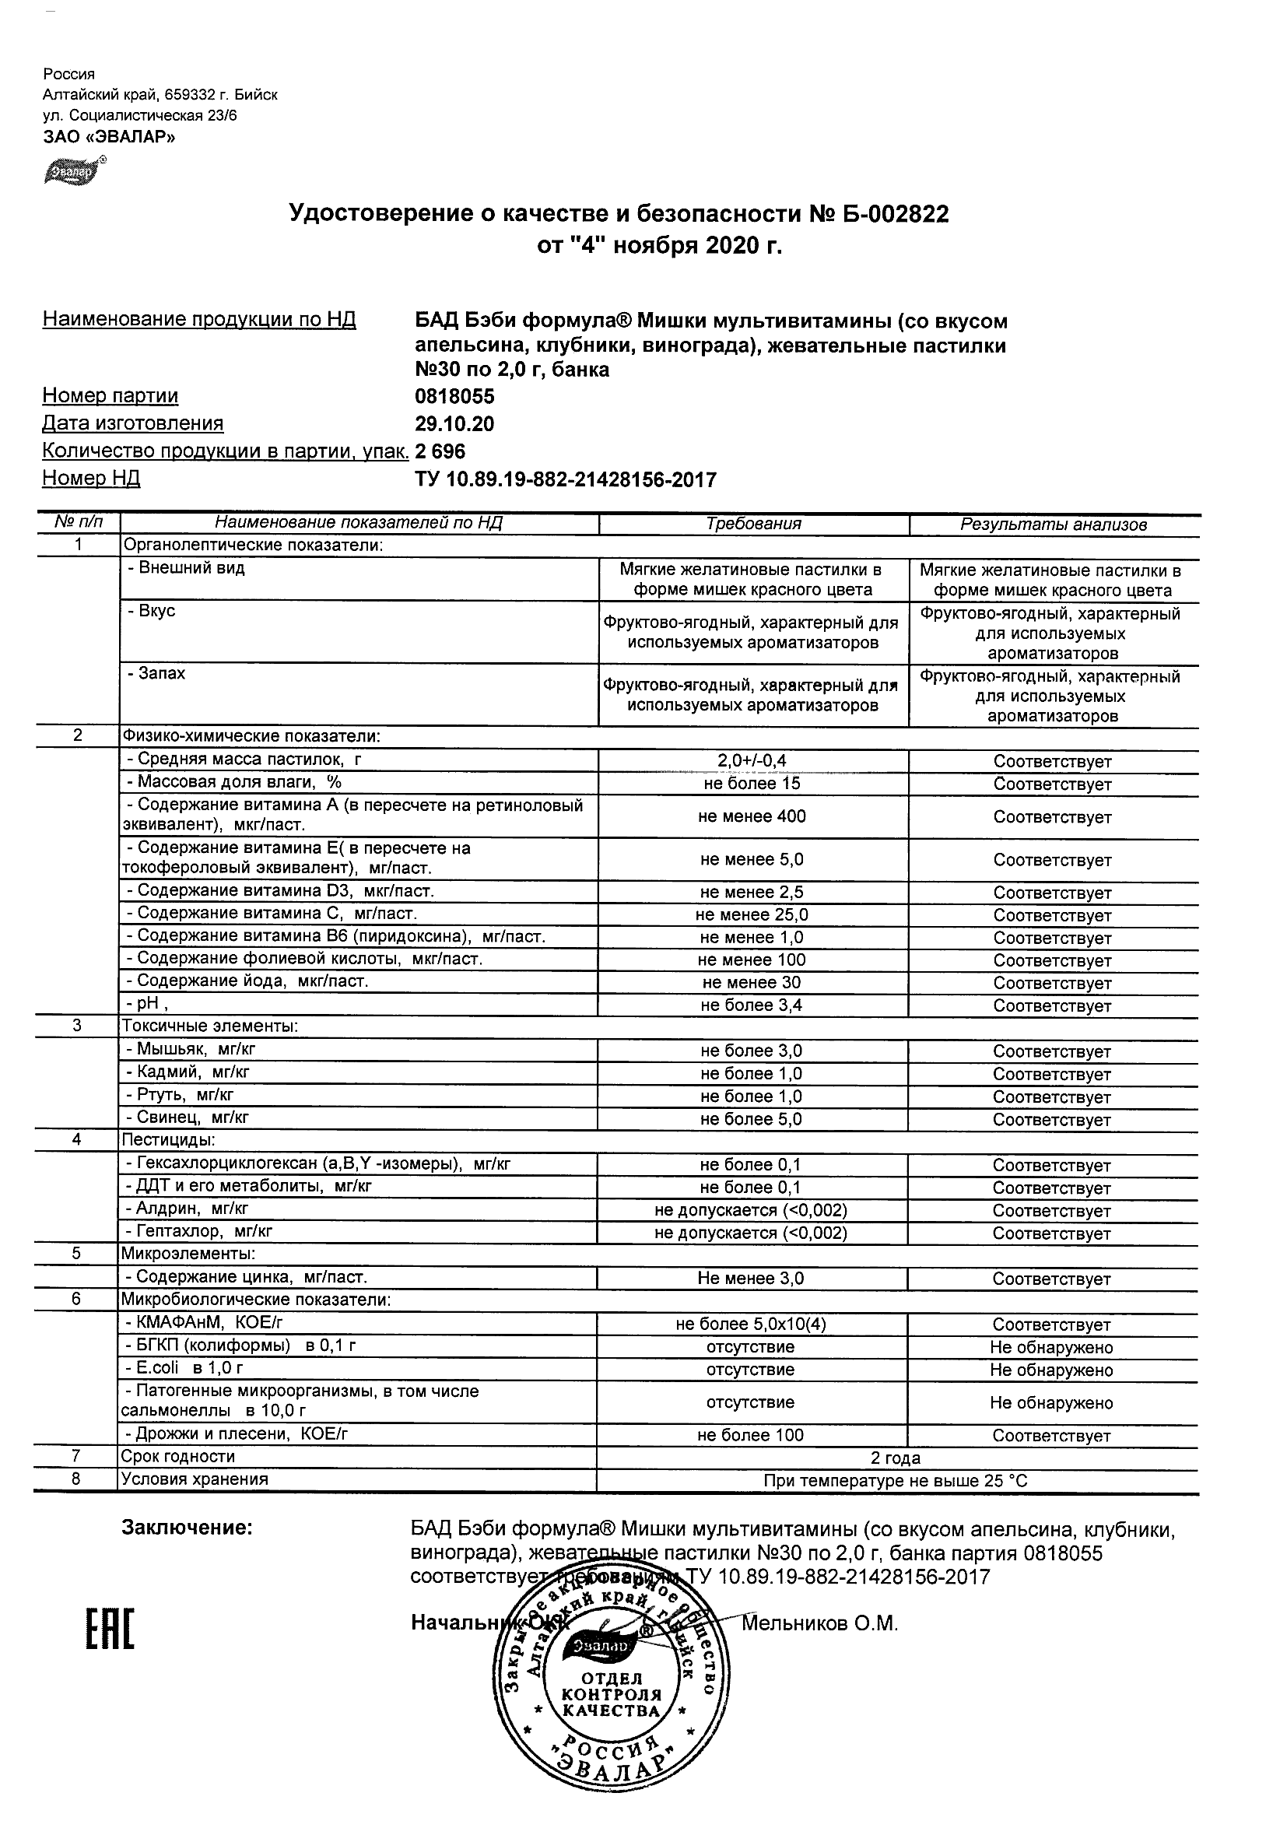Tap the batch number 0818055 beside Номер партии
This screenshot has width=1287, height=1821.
coord(454,397)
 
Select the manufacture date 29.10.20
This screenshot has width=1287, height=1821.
coord(454,424)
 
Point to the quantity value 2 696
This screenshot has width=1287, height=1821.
coord(440,452)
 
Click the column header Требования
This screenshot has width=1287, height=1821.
coord(753,525)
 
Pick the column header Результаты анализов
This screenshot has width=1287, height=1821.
coord(1053,525)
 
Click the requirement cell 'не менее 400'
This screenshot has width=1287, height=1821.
coord(752,817)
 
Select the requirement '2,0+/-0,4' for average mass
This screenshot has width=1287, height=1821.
coord(752,761)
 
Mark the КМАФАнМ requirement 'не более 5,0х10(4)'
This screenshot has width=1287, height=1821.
coord(750,1325)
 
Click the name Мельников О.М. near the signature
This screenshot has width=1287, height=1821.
coord(819,1624)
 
